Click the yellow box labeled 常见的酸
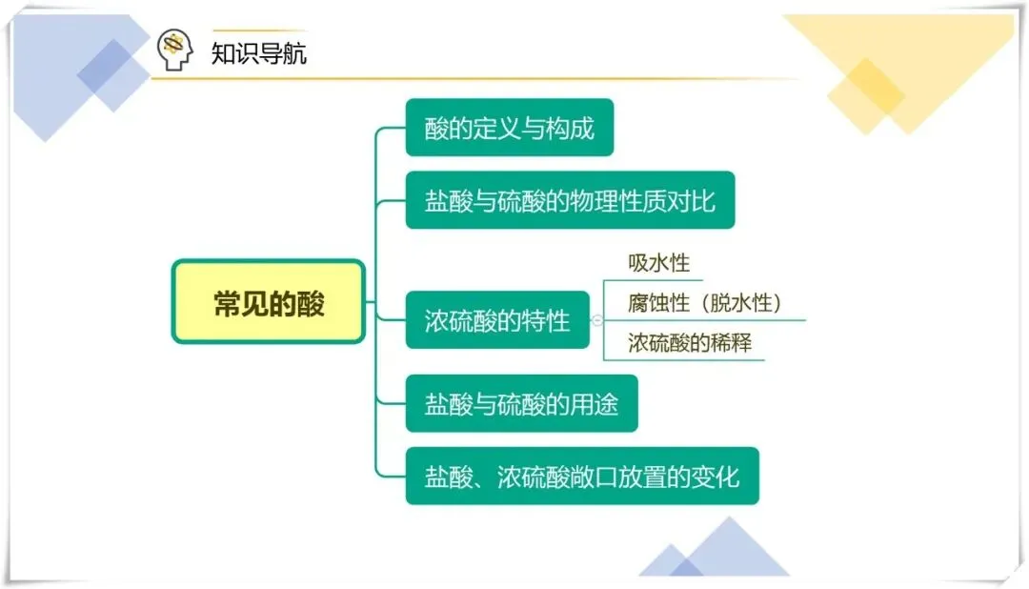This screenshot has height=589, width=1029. pos(269,303)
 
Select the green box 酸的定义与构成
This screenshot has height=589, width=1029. pos(510,128)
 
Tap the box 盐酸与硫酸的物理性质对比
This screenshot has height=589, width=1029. pos(570,200)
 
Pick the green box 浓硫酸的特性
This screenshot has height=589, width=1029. pos(497,320)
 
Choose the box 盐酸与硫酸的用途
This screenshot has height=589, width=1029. pos(521,404)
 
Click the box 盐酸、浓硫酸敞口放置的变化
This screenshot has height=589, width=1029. pos(582,476)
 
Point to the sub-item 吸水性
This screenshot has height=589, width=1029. pos(658,263)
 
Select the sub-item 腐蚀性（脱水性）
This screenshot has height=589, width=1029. pos(704,303)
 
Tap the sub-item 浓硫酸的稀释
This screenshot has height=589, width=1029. pos(690,343)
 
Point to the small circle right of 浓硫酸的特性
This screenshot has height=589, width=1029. pos(597,320)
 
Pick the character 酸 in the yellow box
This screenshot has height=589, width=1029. pos(311,303)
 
